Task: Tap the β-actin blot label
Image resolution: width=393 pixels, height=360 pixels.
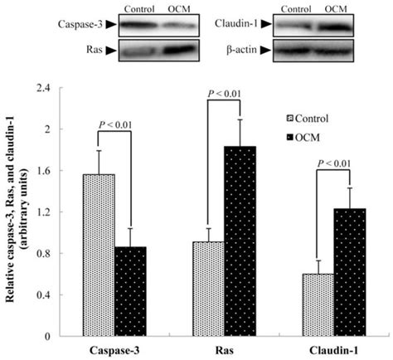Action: click(243, 51)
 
